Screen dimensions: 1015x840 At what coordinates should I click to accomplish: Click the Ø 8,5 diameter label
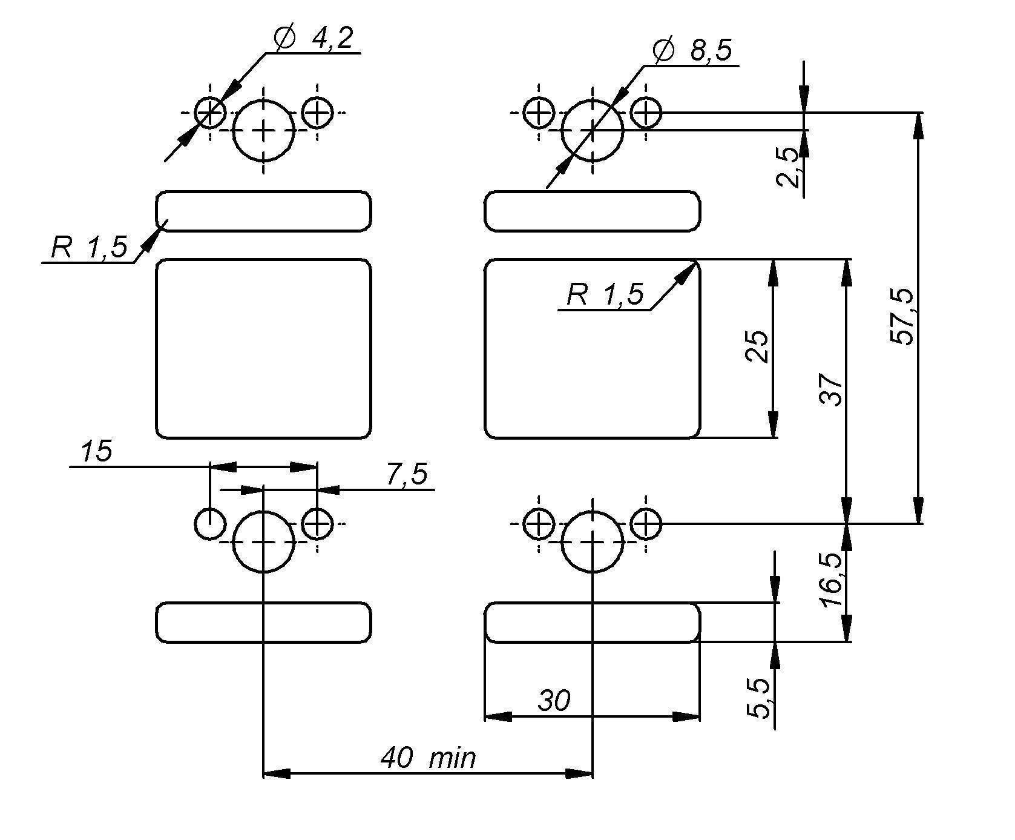pyautogui.click(x=693, y=51)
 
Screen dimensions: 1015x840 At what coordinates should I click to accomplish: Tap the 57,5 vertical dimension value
pyautogui.click(x=902, y=317)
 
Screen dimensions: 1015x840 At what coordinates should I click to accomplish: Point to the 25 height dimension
pyautogui.click(x=757, y=346)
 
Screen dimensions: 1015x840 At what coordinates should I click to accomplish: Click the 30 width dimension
pyautogui.click(x=554, y=701)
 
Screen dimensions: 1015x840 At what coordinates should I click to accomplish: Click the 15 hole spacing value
pyautogui.click(x=96, y=451)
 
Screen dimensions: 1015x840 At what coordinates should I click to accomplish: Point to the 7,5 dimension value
pyautogui.click(x=407, y=474)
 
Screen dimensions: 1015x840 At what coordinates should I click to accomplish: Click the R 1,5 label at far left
pyautogui.click(x=89, y=248)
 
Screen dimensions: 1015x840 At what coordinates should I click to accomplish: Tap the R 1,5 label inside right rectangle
pyautogui.click(x=605, y=295)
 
